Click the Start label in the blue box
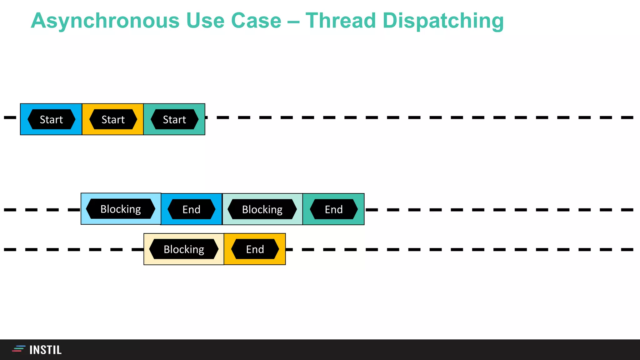point(51,119)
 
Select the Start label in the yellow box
point(113,119)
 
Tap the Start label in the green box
point(174,119)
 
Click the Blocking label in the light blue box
point(121,209)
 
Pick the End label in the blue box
point(191,209)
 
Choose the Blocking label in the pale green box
point(262,209)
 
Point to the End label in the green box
point(334,209)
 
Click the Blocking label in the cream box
point(184,249)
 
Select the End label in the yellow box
point(255,249)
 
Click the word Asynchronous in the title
point(105,21)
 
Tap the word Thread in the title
point(340,21)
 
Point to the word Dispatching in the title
point(443,21)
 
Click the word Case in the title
point(256,21)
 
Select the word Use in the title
point(205,21)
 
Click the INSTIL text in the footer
point(46,350)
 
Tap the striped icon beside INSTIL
point(18,349)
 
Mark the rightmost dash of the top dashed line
point(627,117)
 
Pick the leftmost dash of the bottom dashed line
point(10,249)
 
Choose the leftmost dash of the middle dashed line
point(10,210)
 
